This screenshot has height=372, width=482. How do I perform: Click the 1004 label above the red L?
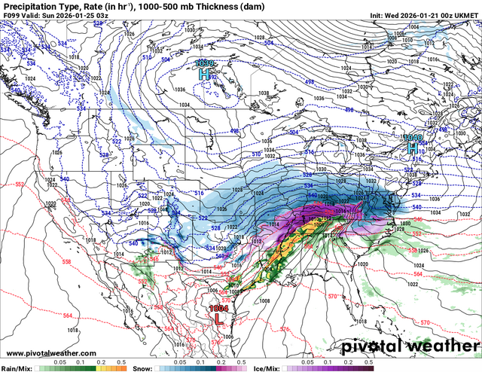219,307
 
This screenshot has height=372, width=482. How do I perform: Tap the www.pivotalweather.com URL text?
51,353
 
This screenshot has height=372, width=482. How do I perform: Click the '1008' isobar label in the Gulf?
264,300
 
